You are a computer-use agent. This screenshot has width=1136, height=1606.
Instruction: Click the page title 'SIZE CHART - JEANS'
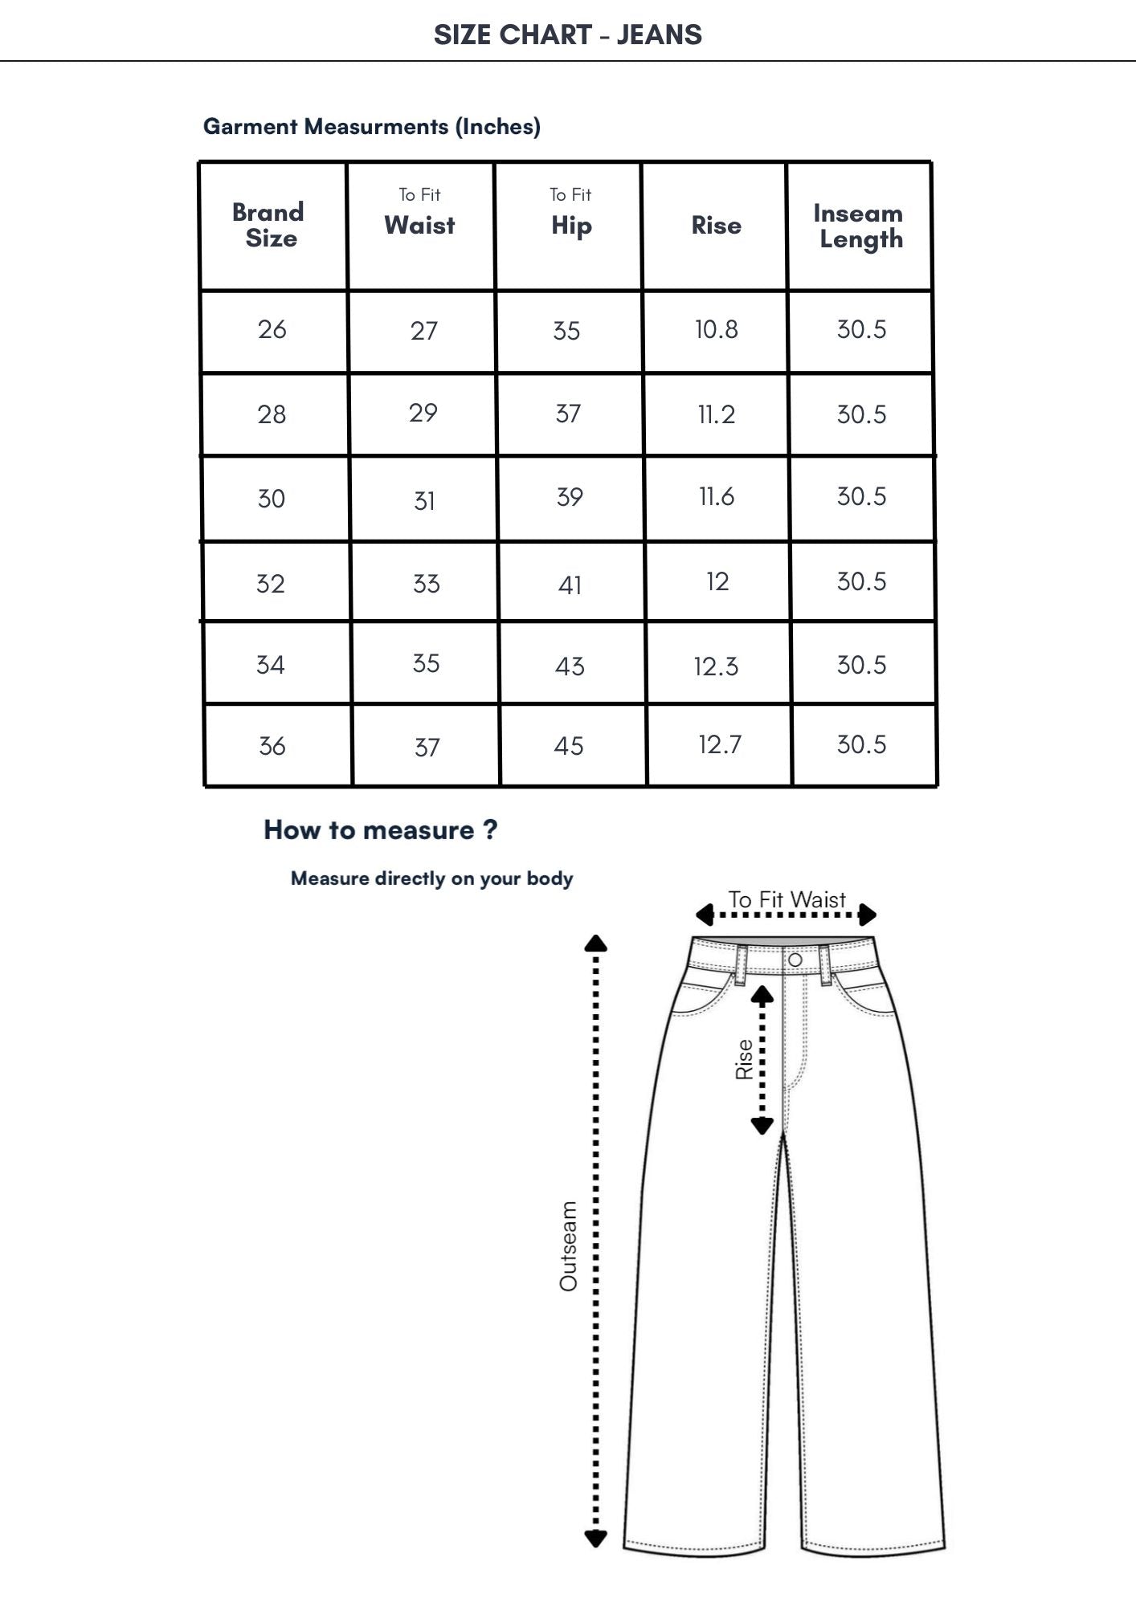coord(567,35)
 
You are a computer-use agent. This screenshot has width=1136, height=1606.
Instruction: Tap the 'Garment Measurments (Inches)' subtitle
coord(371,126)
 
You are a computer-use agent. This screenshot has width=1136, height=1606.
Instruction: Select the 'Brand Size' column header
coord(269,225)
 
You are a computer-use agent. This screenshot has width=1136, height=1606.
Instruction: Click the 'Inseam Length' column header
coord(859,226)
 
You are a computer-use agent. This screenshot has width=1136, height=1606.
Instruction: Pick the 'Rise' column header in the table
coord(716,226)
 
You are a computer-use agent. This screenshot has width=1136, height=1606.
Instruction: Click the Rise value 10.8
coord(716,329)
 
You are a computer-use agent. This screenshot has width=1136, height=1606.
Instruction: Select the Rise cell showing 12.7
coord(719,744)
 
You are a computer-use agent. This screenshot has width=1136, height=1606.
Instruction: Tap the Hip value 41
coord(570,585)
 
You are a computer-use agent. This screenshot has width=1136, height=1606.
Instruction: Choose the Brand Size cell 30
coord(272,499)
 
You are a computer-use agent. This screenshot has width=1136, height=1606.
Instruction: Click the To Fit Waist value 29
coord(423,413)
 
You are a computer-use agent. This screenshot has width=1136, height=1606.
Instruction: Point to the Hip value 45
coord(569,746)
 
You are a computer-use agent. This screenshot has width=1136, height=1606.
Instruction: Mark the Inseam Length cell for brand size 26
coord(861,329)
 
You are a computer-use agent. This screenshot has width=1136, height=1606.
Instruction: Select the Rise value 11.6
coord(716,496)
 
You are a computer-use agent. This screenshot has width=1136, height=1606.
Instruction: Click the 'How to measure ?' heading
coord(380,829)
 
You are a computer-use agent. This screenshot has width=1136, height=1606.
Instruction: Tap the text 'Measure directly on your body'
coord(431,878)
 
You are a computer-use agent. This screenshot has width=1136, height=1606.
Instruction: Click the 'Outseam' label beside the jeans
coord(569,1245)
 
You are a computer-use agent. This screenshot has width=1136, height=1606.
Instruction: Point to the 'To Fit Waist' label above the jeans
coord(787,899)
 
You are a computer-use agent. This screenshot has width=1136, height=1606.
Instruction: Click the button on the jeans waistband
coord(795,960)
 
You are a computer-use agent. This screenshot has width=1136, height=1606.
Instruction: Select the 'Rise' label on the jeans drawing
coord(744,1059)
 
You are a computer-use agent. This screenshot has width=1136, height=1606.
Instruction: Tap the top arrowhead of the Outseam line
coord(595,944)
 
